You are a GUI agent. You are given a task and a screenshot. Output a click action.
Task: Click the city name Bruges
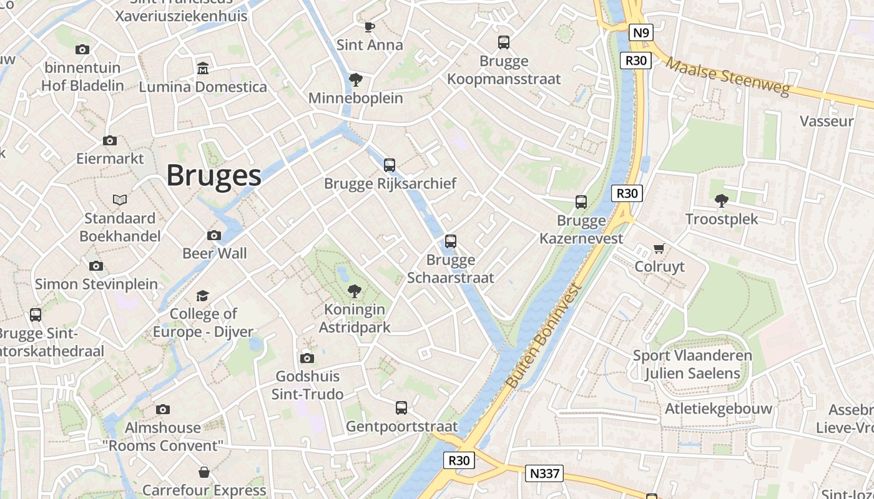(214, 175)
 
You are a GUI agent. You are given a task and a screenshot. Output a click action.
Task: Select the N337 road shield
(544, 473)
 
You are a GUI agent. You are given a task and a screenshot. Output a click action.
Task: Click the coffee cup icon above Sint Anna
(369, 27)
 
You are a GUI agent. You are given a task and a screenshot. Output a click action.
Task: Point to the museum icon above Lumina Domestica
(203, 67)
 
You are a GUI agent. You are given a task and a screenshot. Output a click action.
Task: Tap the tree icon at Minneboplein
(356, 79)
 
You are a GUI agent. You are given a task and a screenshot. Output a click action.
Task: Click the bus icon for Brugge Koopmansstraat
(504, 42)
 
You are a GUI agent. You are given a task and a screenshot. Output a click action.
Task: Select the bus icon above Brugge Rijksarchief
(390, 165)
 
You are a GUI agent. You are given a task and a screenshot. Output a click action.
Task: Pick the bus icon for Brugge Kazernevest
(581, 202)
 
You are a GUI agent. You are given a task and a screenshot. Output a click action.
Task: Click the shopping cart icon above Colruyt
(659, 248)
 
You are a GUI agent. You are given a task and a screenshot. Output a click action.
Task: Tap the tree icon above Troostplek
(722, 200)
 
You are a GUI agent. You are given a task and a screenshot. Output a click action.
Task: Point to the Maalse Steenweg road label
(728, 77)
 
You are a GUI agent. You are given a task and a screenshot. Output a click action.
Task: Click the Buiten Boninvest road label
(544, 337)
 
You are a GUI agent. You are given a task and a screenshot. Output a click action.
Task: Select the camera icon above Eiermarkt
(110, 140)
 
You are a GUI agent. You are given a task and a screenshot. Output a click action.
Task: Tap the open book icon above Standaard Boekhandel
(120, 200)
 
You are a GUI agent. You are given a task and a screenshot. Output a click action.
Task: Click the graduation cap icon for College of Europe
(203, 295)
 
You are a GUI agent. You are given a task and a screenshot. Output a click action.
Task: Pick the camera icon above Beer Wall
(214, 235)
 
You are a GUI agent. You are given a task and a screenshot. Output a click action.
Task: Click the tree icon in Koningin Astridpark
(355, 291)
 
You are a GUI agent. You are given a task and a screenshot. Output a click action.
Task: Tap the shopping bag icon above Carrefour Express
(204, 472)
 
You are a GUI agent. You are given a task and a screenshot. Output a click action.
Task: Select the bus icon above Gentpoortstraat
(401, 408)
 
